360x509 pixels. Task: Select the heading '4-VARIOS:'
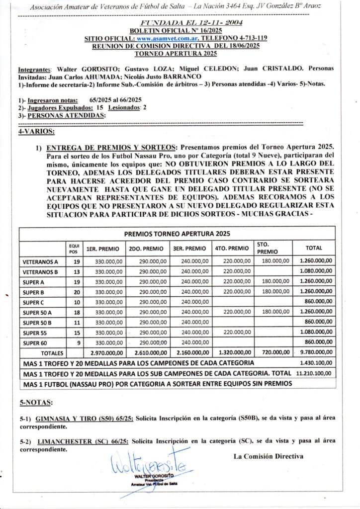36,132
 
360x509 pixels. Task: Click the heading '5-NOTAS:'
35,402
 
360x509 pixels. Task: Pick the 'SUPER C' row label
34,302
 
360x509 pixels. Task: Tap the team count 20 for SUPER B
77,291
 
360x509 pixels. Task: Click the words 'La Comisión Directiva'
268,456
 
